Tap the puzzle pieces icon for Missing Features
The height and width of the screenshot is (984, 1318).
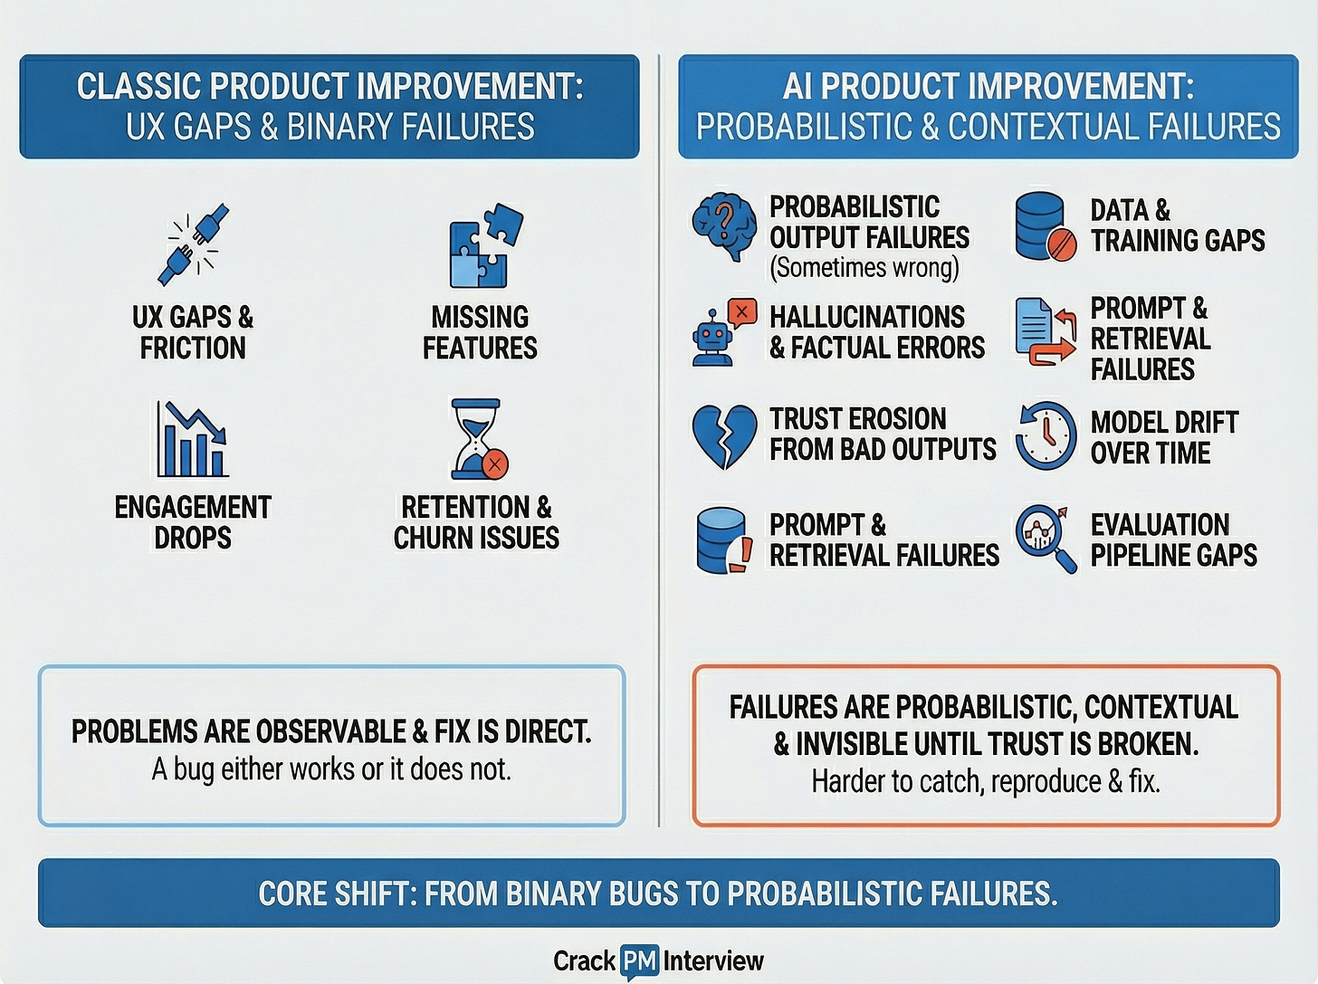(x=486, y=245)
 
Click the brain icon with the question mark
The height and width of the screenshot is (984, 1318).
(x=724, y=226)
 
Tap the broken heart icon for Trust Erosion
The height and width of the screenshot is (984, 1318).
(x=724, y=436)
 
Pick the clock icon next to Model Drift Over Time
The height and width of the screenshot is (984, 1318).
(x=1046, y=436)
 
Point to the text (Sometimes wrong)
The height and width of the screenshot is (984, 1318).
(x=864, y=268)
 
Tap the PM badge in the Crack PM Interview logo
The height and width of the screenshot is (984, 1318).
(x=639, y=961)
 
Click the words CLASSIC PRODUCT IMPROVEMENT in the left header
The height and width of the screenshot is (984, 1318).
(x=329, y=87)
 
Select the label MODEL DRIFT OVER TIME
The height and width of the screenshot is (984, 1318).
(x=1164, y=437)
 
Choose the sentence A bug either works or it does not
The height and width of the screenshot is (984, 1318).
(x=331, y=769)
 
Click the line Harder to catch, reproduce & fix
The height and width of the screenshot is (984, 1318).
(x=986, y=781)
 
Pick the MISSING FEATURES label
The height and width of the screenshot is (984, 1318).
(x=480, y=332)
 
